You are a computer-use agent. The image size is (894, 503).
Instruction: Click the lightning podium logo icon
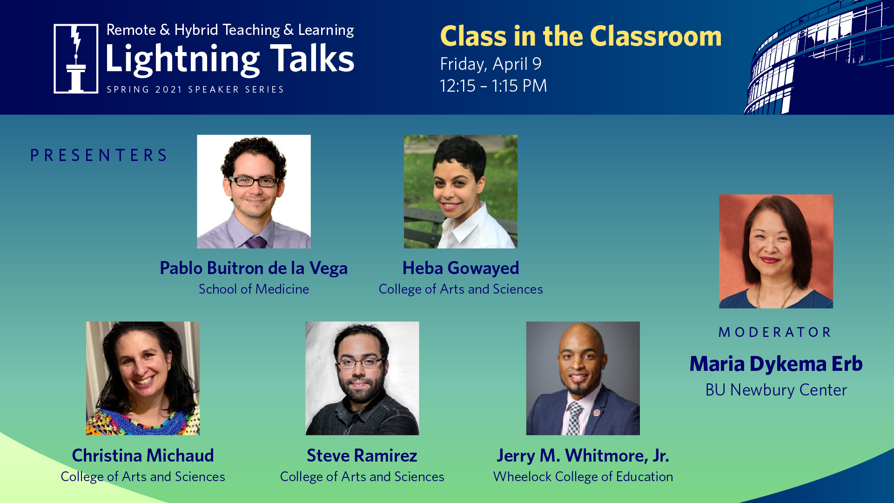(76, 59)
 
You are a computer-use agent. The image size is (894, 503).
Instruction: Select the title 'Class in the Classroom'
(581, 36)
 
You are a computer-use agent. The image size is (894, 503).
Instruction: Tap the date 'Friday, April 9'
(491, 64)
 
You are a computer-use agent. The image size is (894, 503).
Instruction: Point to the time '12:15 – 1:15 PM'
(493, 86)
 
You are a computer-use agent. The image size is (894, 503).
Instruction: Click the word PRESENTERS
(99, 155)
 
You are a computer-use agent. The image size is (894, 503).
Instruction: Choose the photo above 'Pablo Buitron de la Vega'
(254, 191)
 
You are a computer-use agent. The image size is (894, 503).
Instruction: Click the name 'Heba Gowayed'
(461, 268)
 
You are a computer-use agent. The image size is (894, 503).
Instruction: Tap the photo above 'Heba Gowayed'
(461, 191)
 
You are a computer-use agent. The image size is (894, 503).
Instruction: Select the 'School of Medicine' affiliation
(254, 289)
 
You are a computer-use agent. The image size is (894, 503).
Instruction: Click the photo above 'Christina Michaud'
(143, 378)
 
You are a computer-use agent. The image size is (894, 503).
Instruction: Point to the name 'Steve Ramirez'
(362, 456)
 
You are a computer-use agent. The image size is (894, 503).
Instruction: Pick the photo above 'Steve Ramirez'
(362, 378)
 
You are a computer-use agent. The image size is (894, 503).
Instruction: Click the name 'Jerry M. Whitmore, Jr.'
(583, 456)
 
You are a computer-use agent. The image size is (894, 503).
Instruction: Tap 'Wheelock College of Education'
(583, 476)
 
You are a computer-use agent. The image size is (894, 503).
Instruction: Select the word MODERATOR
(775, 332)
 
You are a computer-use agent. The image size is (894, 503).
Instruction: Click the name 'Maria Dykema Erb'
(776, 364)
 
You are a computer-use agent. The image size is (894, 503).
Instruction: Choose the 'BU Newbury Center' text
(776, 390)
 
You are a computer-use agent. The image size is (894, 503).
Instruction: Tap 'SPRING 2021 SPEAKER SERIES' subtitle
(195, 89)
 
